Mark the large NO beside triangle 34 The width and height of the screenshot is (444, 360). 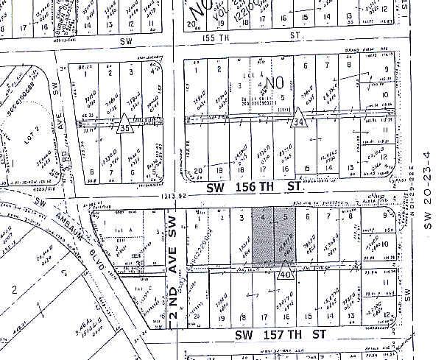[x=276, y=85]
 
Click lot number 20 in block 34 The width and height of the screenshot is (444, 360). [x=198, y=171]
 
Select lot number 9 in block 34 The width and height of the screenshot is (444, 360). [x=384, y=71]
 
